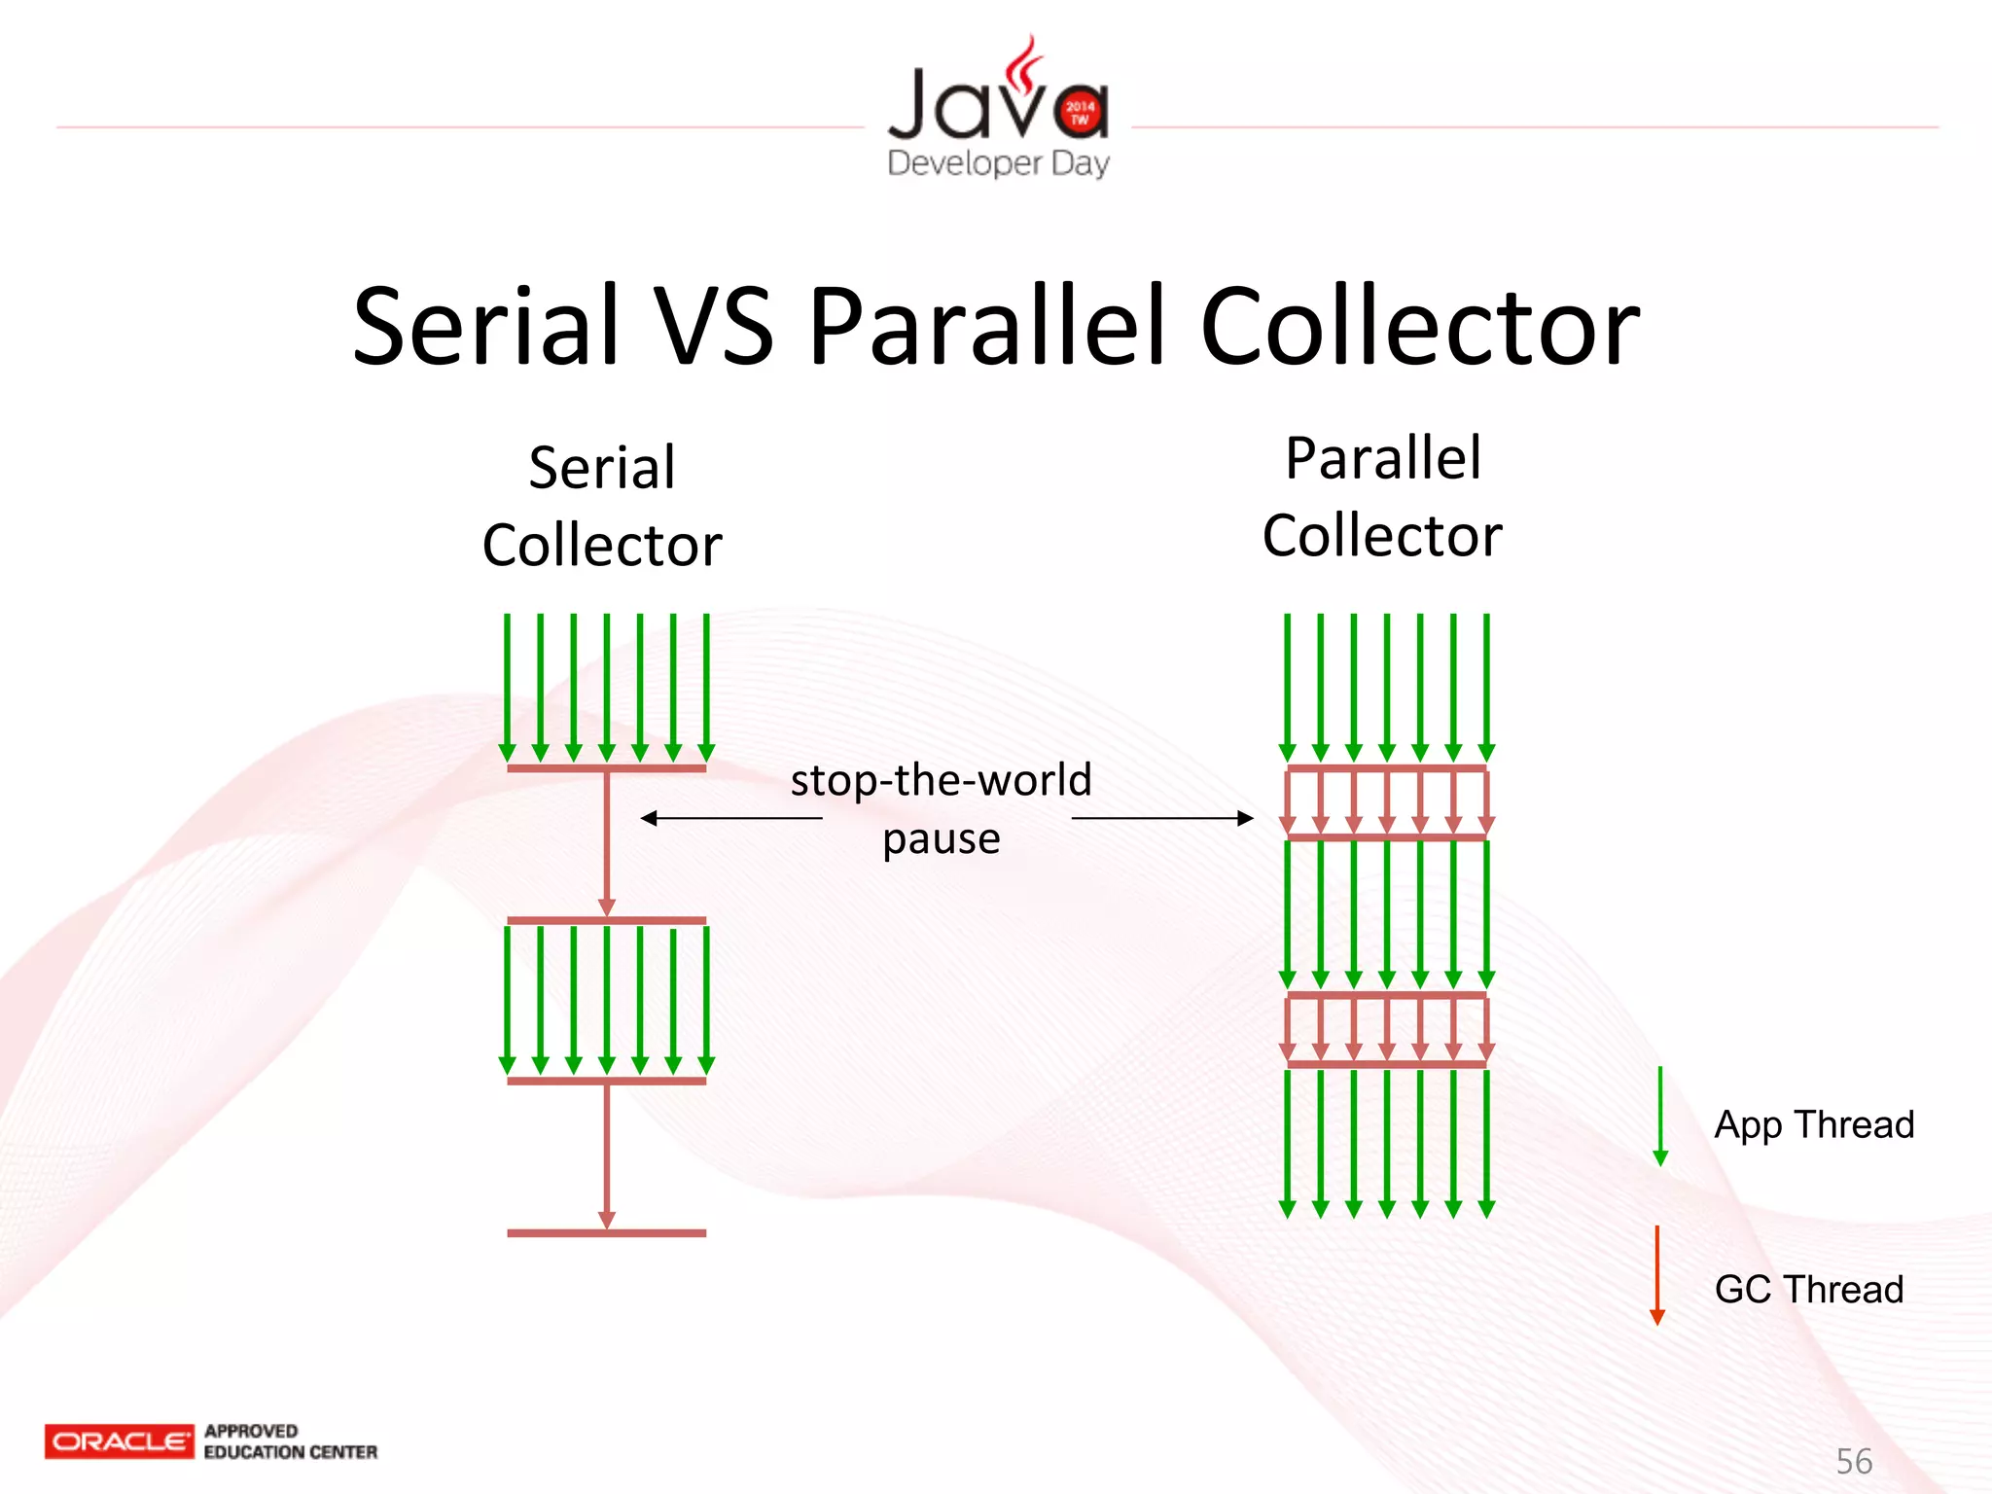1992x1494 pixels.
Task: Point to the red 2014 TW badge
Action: pos(1080,112)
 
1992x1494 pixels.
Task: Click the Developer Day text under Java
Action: pos(998,162)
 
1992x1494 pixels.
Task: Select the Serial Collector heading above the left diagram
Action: pos(602,506)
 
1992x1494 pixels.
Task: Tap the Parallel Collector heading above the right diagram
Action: pos(1382,496)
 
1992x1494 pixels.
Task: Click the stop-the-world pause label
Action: pos(942,808)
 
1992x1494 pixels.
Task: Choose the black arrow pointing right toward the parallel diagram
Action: pos(1162,818)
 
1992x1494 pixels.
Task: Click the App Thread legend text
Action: pos(1814,1124)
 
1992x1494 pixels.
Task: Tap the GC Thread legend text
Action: pos(1809,1289)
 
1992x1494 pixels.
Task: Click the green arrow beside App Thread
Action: pos(1660,1116)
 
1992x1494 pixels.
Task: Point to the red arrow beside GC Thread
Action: pos(1657,1274)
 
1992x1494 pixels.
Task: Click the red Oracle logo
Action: pos(119,1441)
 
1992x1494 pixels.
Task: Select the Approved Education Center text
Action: pos(290,1441)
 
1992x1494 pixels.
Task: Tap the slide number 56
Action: pos(1854,1461)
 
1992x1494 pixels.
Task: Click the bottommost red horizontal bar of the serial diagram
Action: pos(606,1233)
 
